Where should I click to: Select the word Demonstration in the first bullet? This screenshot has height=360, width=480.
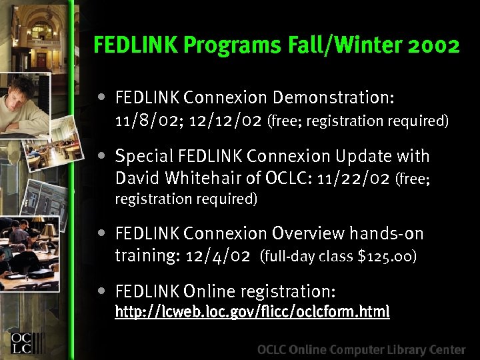click(333, 98)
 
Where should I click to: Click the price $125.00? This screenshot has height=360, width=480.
click(388, 256)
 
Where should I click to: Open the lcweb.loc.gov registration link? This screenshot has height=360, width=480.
click(252, 312)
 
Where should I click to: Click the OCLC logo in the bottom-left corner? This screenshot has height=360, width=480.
click(22, 337)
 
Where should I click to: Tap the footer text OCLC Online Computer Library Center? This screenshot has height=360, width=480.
click(361, 349)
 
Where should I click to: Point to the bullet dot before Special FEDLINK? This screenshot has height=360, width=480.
click(101, 156)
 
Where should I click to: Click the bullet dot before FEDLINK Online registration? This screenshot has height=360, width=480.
click(101, 291)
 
